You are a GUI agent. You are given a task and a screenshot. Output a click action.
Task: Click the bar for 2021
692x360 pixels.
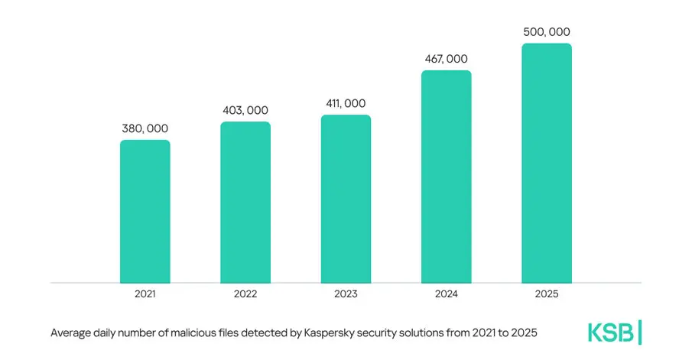tap(145, 211)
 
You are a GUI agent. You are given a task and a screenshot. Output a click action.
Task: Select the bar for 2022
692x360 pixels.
tap(245, 202)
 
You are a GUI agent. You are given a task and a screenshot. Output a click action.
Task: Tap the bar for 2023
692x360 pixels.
tap(346, 199)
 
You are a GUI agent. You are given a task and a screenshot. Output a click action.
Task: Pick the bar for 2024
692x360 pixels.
tap(446, 177)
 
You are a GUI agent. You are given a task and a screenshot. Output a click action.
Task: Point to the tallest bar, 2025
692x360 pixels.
tap(547, 163)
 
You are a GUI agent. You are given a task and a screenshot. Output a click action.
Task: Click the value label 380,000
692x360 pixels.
tap(145, 128)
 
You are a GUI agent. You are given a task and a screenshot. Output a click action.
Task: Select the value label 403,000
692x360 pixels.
tap(245, 110)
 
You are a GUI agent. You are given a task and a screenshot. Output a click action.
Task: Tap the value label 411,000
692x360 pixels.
tap(346, 103)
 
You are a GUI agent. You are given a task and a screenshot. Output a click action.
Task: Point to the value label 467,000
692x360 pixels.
tap(446, 59)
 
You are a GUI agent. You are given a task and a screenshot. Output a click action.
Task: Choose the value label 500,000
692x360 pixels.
tap(547, 32)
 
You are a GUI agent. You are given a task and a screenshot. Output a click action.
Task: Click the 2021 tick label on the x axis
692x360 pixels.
tap(145, 294)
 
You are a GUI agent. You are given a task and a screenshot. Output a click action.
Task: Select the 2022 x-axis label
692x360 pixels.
tap(245, 294)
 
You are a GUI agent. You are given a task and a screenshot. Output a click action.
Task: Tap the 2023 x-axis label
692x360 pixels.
tap(346, 294)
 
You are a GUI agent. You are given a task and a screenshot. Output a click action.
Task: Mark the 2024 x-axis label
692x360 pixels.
tap(446, 294)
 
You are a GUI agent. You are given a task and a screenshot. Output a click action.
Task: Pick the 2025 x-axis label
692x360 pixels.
tap(547, 294)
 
